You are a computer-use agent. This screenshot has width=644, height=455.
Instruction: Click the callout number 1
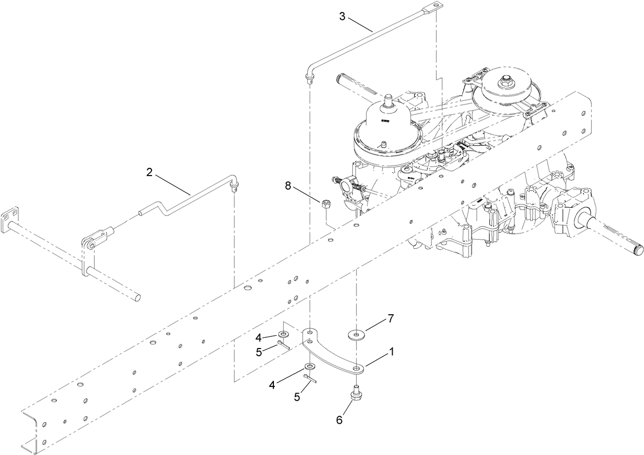tap(392, 353)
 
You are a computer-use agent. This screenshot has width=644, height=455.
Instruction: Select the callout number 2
tap(149, 172)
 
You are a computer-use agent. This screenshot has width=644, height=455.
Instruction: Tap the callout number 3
tap(342, 16)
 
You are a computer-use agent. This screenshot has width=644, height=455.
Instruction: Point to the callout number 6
tap(339, 420)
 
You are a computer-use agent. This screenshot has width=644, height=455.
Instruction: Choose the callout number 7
tap(390, 318)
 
